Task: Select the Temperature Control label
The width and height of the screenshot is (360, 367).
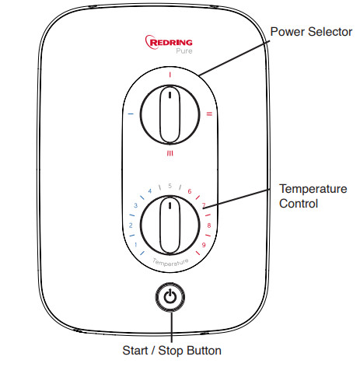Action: point(309,196)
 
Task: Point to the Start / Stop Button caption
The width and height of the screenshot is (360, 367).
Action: point(171,350)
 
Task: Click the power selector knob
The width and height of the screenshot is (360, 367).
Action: point(170,114)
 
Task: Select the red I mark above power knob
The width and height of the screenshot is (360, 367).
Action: point(170,75)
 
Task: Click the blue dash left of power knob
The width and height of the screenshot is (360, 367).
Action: point(130,114)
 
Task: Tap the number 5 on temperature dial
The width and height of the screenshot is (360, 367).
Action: point(170,186)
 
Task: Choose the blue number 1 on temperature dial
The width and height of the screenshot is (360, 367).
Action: point(136,245)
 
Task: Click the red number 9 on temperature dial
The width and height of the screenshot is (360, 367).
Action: point(203,245)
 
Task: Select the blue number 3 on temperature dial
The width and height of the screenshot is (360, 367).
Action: point(135,206)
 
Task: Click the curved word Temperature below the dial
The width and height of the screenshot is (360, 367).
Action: point(170,264)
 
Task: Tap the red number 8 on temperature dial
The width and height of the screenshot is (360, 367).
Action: point(208,225)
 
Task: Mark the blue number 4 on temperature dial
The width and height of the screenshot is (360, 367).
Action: point(149,191)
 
